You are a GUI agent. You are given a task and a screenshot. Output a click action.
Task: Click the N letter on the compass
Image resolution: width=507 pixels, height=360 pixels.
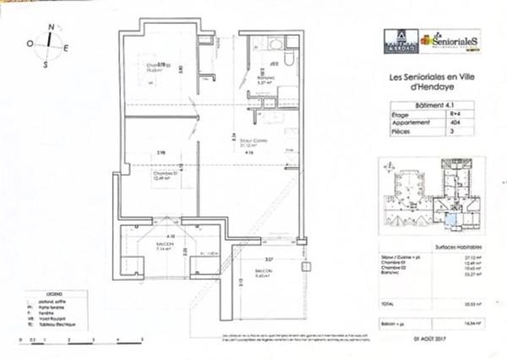(52, 28)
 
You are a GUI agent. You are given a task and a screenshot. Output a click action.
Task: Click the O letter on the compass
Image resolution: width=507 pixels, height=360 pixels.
(30, 42)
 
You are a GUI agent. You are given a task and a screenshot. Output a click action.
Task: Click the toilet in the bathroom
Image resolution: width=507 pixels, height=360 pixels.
(286, 63)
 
